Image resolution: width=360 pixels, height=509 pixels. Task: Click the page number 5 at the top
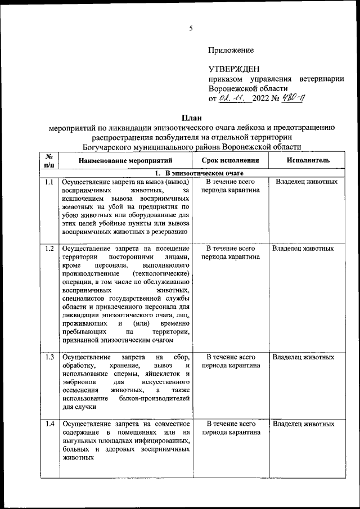(x=190, y=28)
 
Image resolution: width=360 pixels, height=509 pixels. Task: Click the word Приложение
(x=231, y=51)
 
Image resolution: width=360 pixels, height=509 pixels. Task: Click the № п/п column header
(x=49, y=160)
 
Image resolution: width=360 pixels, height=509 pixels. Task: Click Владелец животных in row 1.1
(x=307, y=182)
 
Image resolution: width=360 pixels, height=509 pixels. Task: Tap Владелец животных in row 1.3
(x=303, y=357)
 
